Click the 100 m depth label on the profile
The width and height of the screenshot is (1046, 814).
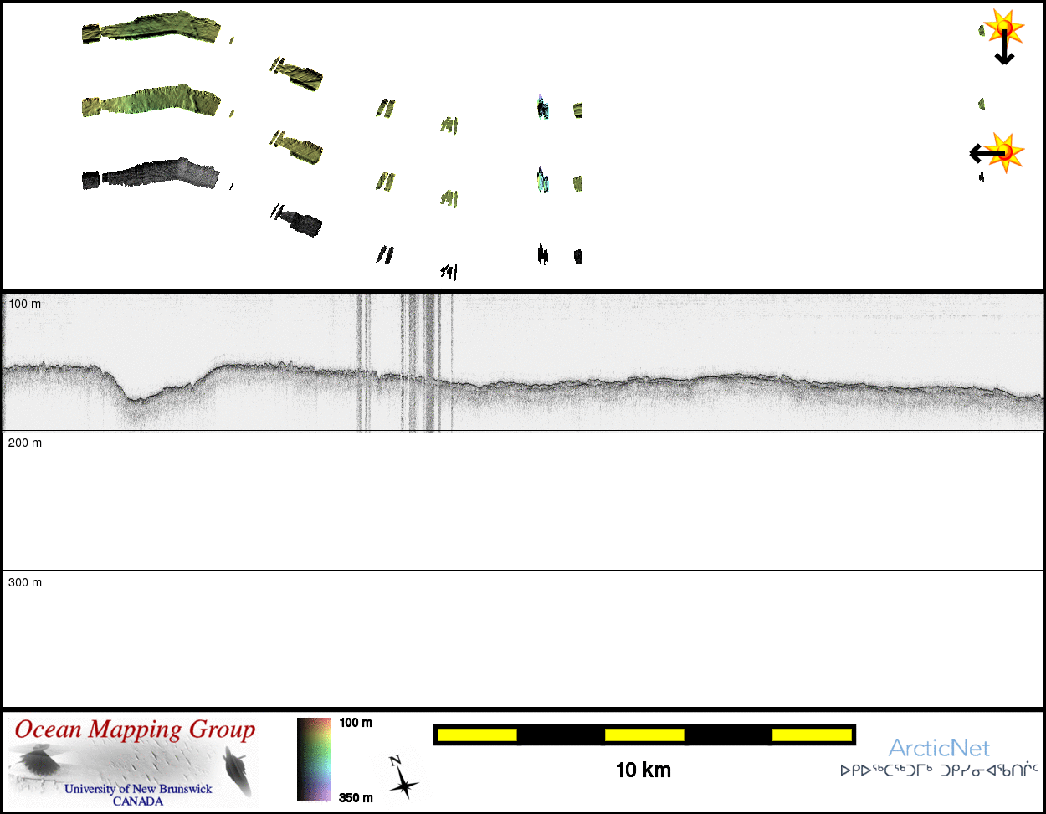click(x=24, y=304)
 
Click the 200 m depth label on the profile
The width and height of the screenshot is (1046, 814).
click(x=24, y=443)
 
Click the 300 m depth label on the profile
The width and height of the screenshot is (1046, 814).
click(x=24, y=582)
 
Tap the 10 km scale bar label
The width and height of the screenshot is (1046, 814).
click(x=643, y=770)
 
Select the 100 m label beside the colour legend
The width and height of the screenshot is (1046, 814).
click(x=356, y=723)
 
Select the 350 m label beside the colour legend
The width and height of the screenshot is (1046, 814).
click(x=356, y=798)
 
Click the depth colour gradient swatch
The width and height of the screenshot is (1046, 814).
click(x=314, y=760)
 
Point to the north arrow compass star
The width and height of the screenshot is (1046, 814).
click(x=403, y=786)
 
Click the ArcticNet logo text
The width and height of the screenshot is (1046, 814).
click(x=939, y=748)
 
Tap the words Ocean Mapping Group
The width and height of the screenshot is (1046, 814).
click(x=135, y=730)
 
